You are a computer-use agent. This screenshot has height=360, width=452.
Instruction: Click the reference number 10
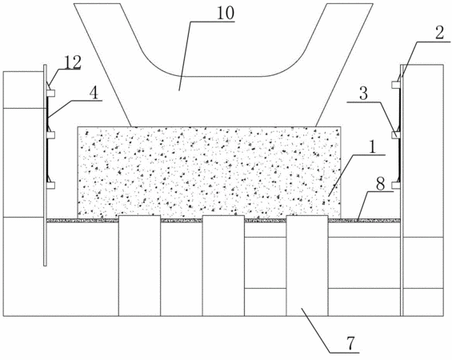point(226,14)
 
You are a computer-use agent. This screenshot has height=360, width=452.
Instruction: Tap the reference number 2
point(439,34)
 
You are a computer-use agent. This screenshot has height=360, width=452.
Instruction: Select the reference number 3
point(363,94)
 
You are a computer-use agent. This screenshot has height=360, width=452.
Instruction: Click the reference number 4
point(94,94)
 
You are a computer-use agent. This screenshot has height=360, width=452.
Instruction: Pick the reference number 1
point(373,147)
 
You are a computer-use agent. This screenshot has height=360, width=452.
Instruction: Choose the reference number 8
point(380,185)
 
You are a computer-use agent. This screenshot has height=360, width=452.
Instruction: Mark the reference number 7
point(350,343)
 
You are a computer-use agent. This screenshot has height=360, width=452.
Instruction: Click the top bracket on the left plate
point(50,93)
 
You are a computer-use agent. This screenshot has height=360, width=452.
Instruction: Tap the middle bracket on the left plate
point(50,135)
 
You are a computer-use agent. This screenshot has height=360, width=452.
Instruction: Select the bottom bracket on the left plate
point(50,186)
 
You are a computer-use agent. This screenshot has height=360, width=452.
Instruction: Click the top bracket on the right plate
point(396,85)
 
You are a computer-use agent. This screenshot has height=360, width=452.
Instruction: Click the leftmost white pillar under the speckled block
point(139,266)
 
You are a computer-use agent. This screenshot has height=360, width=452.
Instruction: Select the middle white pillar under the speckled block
point(223,266)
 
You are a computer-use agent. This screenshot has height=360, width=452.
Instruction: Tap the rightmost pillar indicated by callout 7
point(307,266)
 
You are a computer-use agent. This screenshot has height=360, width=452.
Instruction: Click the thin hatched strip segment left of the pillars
point(82,221)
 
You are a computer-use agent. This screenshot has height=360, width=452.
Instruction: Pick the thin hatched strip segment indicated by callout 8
point(364,221)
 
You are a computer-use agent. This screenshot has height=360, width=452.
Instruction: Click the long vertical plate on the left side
point(45,165)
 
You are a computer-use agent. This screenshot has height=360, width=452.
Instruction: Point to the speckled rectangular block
point(209,172)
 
